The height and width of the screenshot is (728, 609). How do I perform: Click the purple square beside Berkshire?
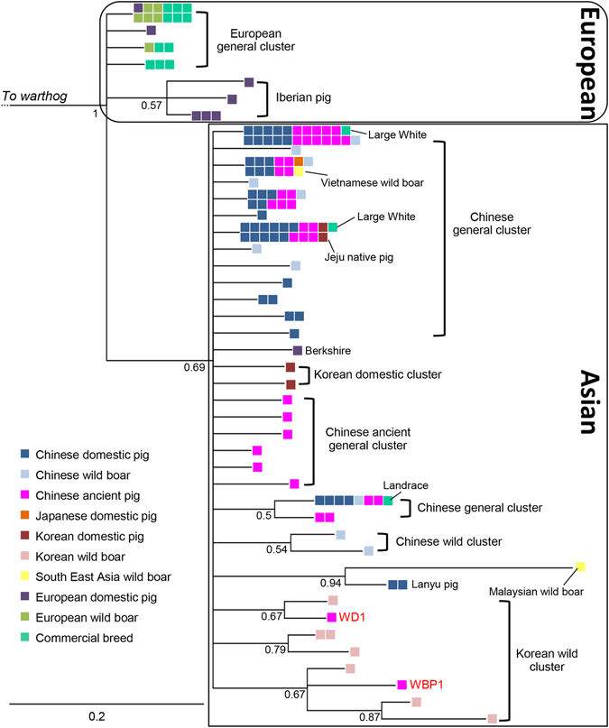298,350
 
